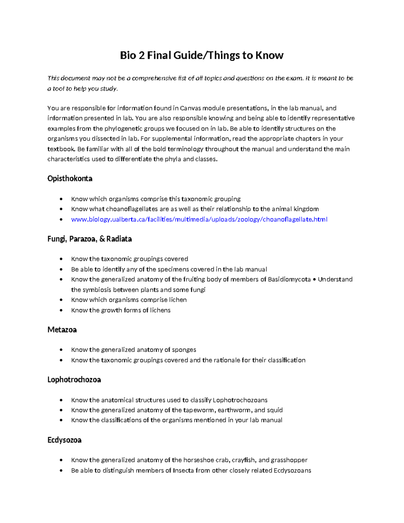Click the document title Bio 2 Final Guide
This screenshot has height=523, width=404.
tap(202, 55)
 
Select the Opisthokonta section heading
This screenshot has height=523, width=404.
tap(70, 178)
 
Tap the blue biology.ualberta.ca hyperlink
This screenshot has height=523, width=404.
tap(199, 220)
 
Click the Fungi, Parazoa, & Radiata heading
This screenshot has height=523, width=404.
tap(90, 239)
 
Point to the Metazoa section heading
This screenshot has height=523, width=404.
tap(62, 330)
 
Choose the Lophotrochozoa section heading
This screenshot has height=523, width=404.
tap(74, 380)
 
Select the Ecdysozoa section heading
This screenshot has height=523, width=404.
tap(64, 440)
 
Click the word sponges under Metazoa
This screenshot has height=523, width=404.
tap(184, 350)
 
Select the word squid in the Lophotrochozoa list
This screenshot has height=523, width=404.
tap(275, 410)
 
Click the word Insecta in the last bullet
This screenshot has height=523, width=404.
tap(183, 470)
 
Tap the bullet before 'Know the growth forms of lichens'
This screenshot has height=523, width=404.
tap(61, 310)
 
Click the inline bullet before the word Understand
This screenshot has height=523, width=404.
tap(314, 280)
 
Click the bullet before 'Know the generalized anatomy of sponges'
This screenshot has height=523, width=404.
tap(61, 350)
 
